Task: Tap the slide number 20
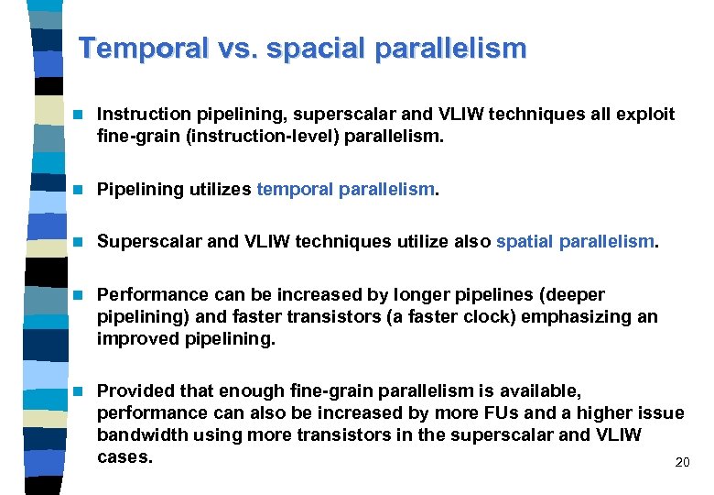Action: tap(682, 463)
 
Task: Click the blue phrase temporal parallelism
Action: tap(346, 190)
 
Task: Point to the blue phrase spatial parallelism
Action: tap(575, 242)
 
